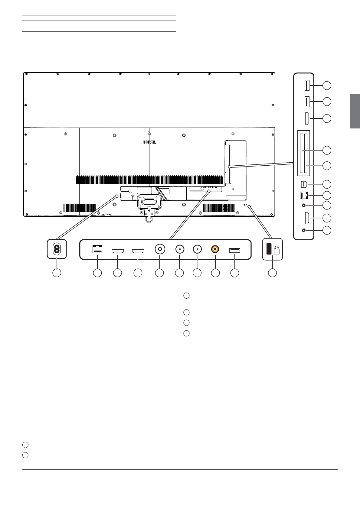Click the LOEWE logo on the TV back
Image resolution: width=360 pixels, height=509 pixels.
150,142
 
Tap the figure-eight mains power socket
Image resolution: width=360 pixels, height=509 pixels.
57,249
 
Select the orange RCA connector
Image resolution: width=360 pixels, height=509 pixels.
215,249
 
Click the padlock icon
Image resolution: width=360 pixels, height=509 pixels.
277,250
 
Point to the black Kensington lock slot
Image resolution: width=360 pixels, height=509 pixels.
269,249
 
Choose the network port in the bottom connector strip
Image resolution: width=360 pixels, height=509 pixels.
97,249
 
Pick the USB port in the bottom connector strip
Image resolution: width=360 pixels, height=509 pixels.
234,250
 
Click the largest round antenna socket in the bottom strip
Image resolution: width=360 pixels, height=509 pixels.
160,249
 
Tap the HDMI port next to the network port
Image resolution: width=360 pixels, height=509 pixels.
118,251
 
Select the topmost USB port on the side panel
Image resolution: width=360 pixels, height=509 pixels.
307,86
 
